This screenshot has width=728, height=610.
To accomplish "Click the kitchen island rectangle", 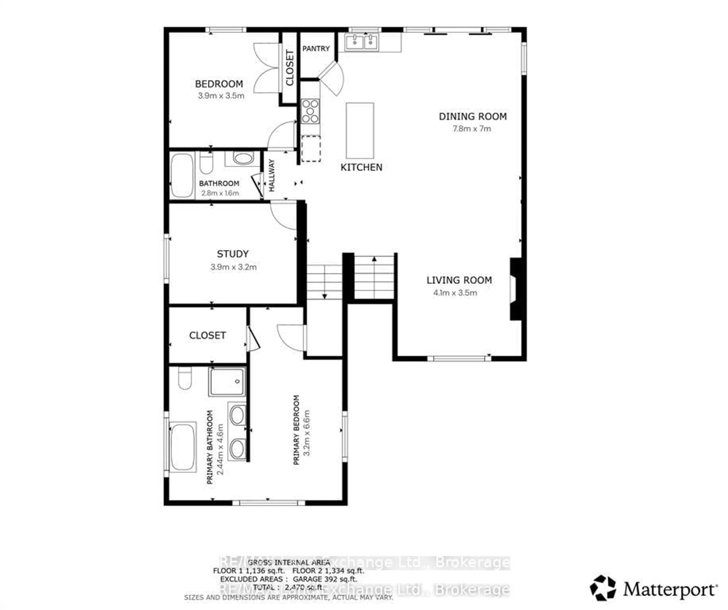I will click(x=360, y=131).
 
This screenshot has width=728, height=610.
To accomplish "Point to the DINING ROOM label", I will click(x=472, y=117).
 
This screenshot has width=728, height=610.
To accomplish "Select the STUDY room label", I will click(x=233, y=254).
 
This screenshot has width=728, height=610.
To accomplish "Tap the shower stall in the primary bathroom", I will click(x=227, y=382).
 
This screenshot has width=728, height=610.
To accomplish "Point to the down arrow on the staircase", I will click(x=325, y=296).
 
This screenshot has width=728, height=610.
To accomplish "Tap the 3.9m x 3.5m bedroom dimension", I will click(x=221, y=96).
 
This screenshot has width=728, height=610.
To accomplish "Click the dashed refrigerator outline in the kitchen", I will click(x=311, y=149).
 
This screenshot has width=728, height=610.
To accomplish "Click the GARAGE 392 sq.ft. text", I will click(x=325, y=579).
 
